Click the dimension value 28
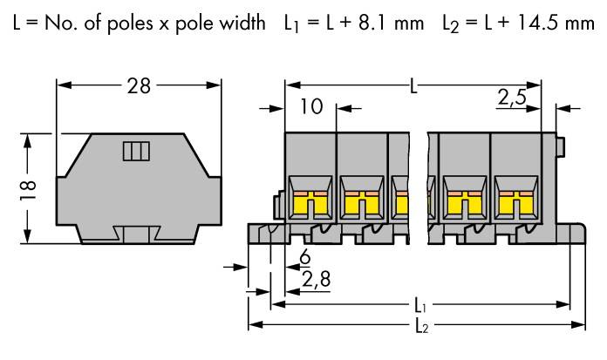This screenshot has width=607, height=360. pyautogui.click(x=138, y=85)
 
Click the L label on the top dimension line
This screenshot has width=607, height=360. pyautogui.click(x=413, y=85)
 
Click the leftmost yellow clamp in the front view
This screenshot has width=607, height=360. pyautogui.click(x=310, y=204)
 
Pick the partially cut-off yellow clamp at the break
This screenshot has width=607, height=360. pyautogui.click(x=402, y=204)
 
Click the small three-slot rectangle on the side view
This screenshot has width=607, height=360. pyautogui.click(x=136, y=153)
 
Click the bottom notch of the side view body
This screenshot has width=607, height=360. pyautogui.click(x=137, y=234)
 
